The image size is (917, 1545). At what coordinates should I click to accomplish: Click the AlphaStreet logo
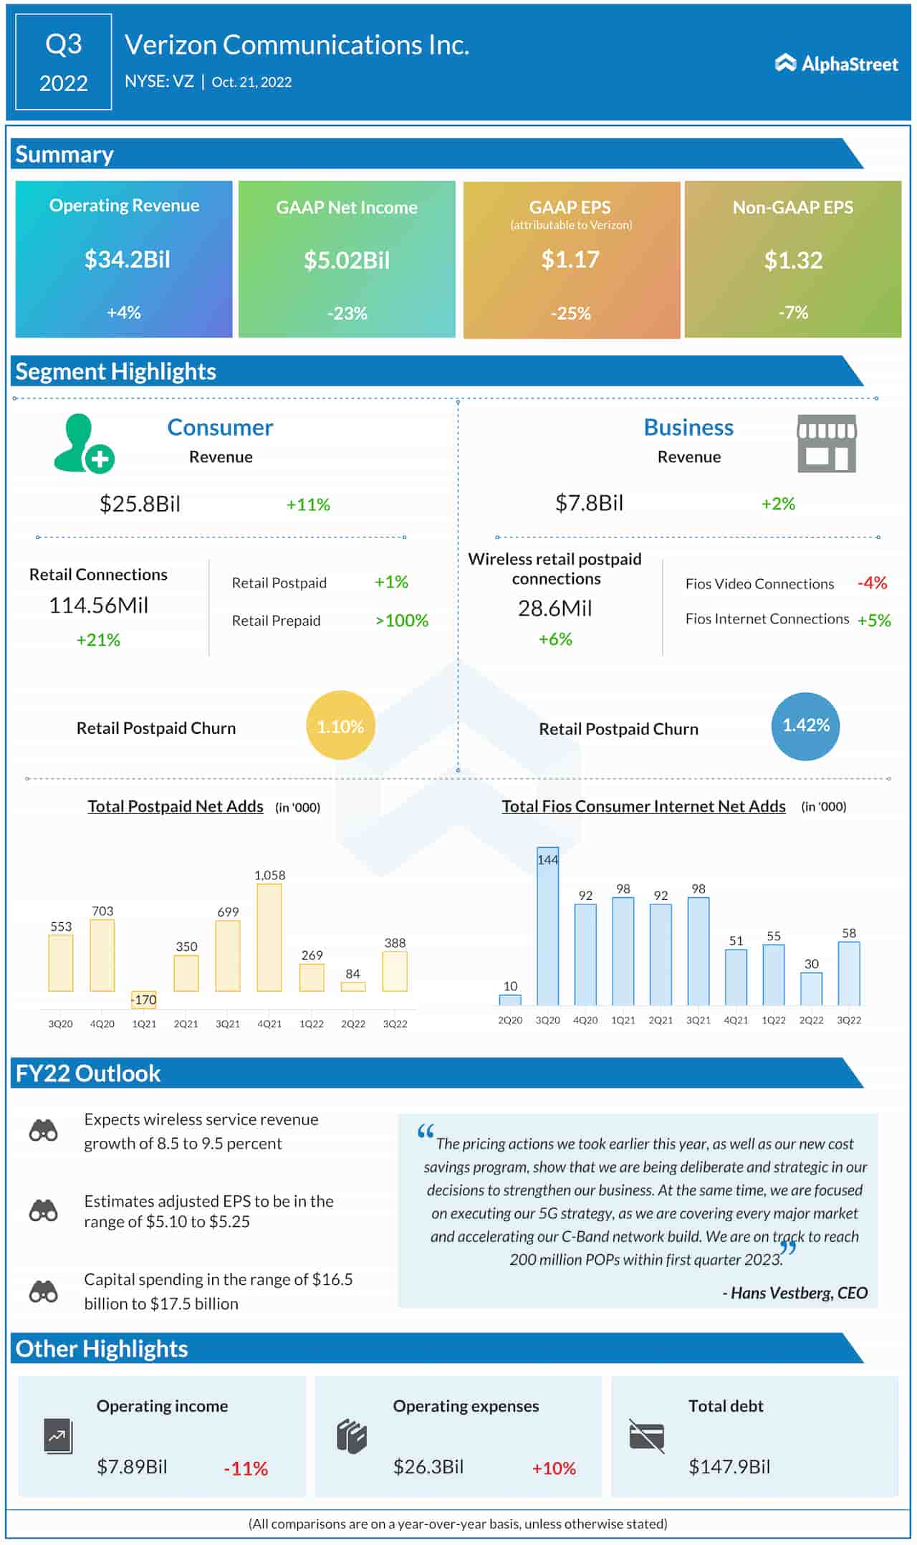[x=836, y=64]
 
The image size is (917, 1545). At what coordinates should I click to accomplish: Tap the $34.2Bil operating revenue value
[x=127, y=259]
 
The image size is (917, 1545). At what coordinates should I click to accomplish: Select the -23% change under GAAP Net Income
[x=347, y=313]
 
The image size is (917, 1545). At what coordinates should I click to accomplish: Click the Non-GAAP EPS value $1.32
[x=792, y=260]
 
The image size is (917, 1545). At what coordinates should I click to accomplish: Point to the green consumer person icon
[x=83, y=444]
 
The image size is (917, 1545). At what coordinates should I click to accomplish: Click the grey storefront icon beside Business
[x=827, y=444]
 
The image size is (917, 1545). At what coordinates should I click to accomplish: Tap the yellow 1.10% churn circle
[x=340, y=726]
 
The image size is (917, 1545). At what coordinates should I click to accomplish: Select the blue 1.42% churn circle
[x=806, y=726]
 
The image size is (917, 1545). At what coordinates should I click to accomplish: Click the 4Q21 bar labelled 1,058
[x=269, y=937]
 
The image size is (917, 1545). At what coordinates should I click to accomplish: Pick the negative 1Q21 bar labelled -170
[x=144, y=999]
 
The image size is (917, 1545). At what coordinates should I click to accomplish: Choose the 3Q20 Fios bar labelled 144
[x=547, y=926]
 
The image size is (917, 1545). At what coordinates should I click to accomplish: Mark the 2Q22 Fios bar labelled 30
[x=811, y=988]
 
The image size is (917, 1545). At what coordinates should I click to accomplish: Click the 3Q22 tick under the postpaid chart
[x=395, y=1024]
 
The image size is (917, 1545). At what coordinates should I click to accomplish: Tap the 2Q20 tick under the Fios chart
[x=510, y=1020]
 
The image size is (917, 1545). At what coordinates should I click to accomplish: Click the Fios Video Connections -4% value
[x=872, y=583]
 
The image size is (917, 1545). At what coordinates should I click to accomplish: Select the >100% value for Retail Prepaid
[x=402, y=621]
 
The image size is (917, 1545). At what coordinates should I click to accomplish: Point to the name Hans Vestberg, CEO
[x=795, y=1293]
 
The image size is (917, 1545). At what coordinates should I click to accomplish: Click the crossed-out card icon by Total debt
[x=646, y=1436]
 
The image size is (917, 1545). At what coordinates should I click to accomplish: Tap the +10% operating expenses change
[x=554, y=1468]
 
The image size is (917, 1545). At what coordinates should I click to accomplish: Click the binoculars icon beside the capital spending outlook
[x=44, y=1291]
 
